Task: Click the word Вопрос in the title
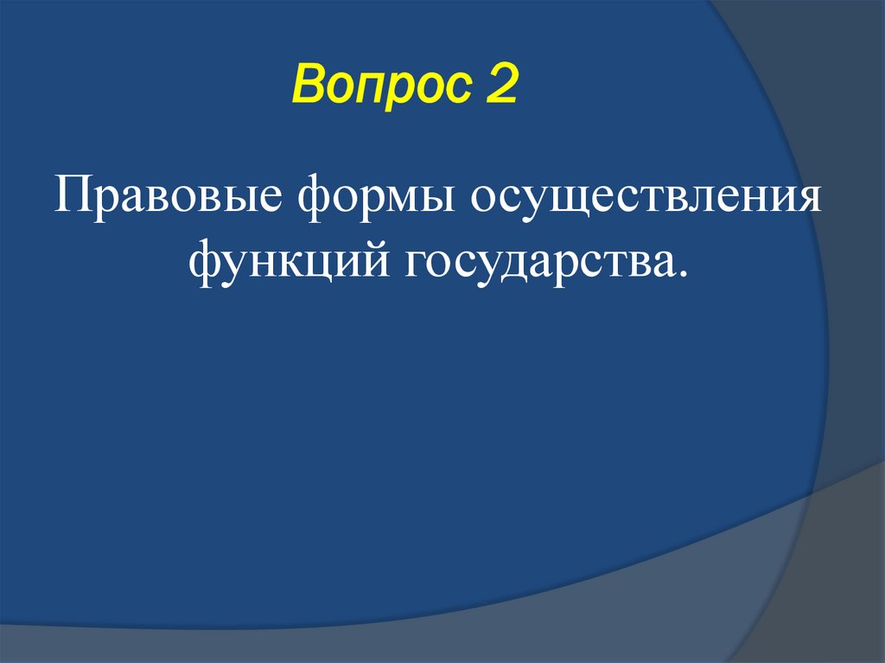pyautogui.click(x=379, y=89)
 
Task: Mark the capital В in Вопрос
pyautogui.click(x=308, y=89)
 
